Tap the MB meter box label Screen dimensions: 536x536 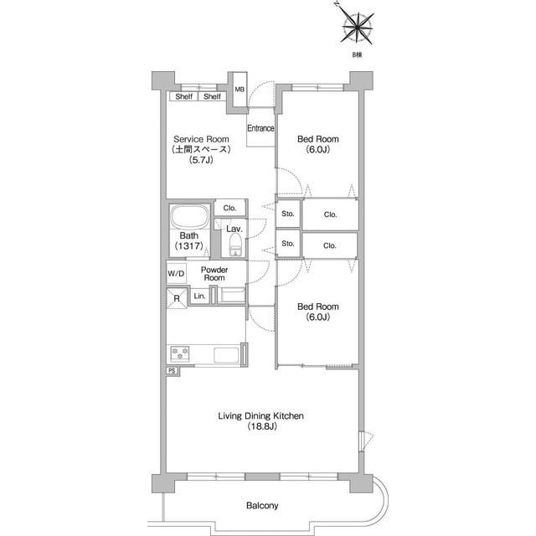click(240, 90)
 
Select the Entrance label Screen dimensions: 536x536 click(260, 128)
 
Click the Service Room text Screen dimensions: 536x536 click(201, 139)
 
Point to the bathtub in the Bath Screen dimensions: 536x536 click(190, 216)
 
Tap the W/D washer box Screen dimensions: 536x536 click(177, 273)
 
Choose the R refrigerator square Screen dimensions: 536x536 click(177, 298)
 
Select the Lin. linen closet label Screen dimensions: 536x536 click(199, 296)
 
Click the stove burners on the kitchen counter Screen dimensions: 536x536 click(180, 353)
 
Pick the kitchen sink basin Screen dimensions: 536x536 click(226, 355)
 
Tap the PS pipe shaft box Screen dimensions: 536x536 click(173, 370)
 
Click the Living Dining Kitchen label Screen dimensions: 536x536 click(260, 415)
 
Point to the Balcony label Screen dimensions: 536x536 click(262, 505)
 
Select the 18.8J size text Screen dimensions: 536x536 click(262, 426)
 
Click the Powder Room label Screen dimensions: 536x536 click(214, 274)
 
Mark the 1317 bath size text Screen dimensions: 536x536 click(189, 245)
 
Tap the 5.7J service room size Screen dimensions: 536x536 click(201, 160)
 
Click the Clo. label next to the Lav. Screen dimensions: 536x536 click(229, 208)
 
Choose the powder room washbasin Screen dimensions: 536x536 click(231, 295)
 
